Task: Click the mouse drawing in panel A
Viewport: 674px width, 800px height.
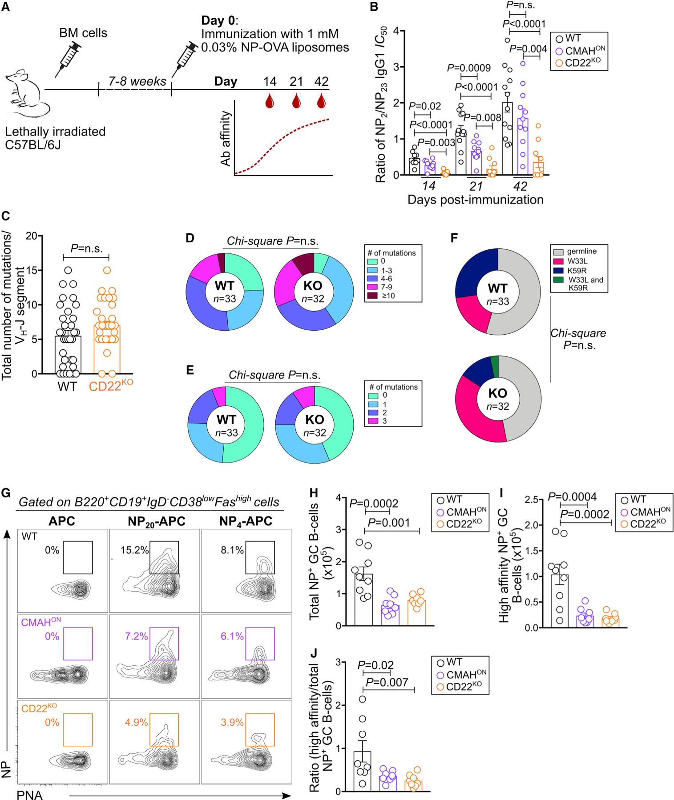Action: point(28,96)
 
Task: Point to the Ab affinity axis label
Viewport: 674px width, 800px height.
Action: point(226,139)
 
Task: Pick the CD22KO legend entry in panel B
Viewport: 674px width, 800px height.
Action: point(580,63)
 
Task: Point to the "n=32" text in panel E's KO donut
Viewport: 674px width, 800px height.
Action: point(313,433)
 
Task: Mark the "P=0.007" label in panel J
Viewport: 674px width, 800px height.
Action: point(387,682)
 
